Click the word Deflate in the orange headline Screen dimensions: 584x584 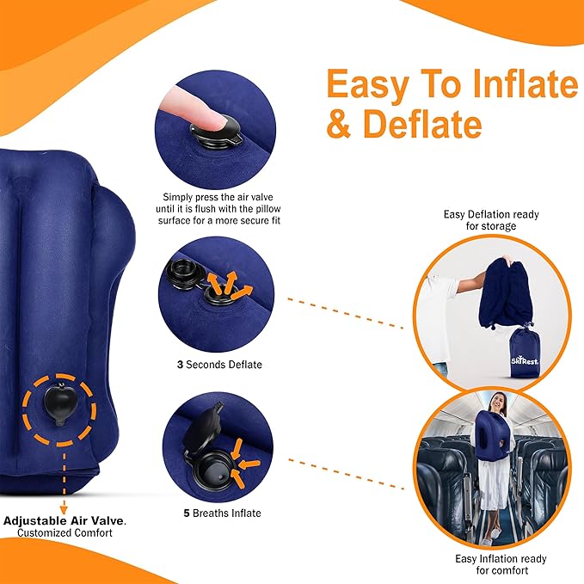click(x=421, y=123)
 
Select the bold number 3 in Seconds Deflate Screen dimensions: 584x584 click(x=180, y=365)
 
